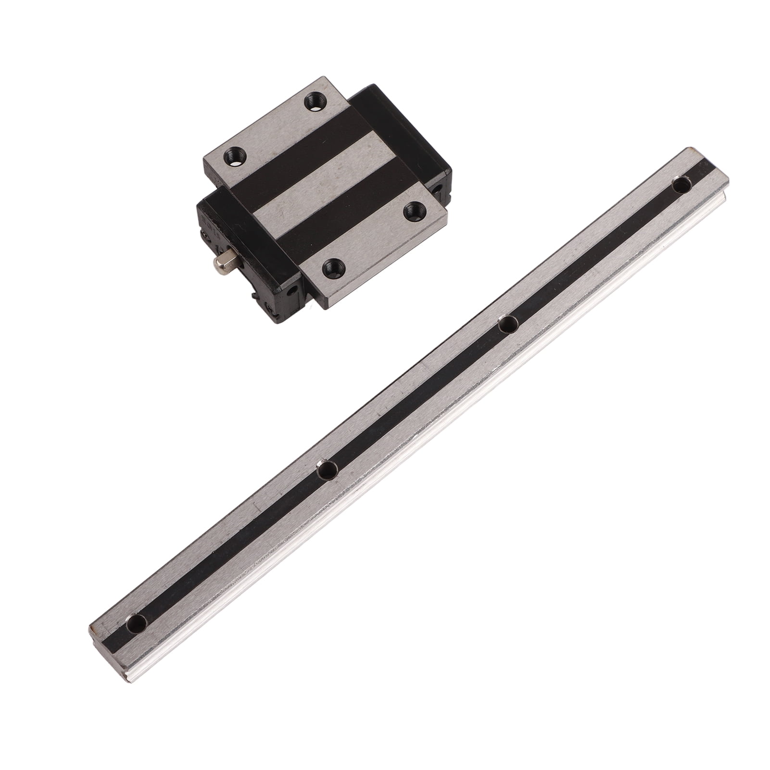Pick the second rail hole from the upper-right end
coord(508,324)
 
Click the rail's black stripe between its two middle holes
coord(418,397)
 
